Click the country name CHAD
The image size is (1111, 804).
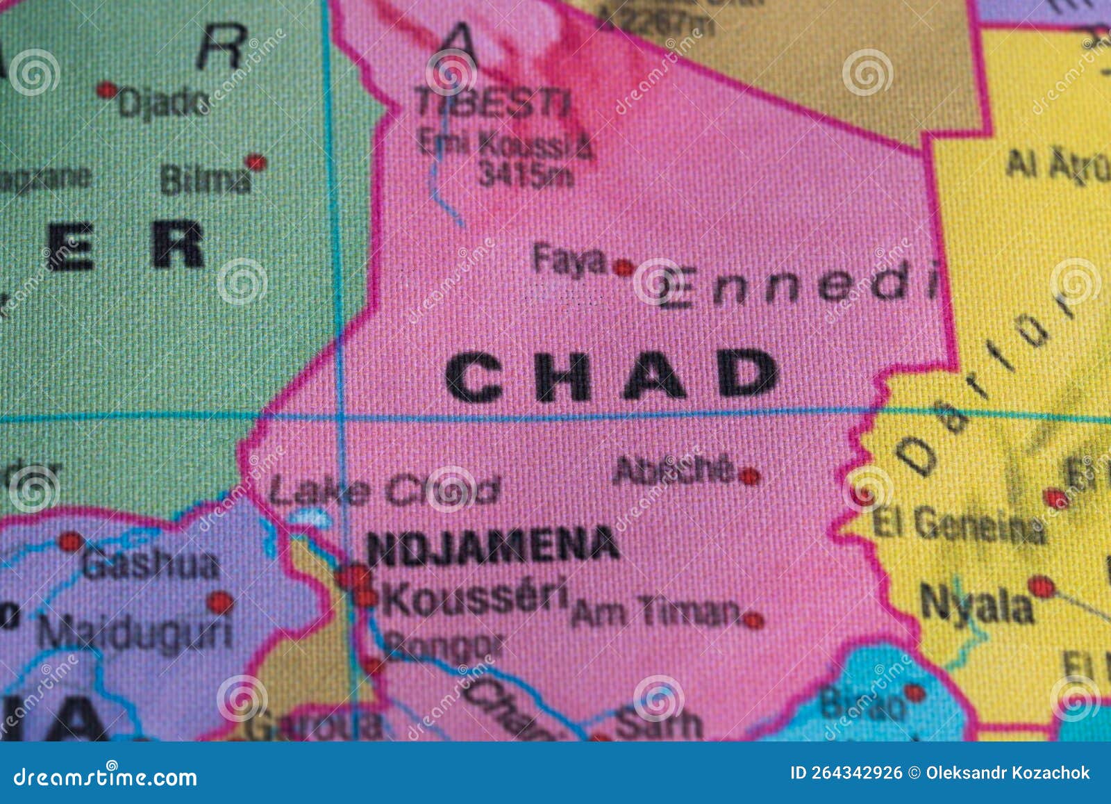tap(611, 375)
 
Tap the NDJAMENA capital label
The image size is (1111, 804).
tap(492, 545)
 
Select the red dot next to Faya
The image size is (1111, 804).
tap(624, 267)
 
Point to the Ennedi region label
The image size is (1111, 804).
tap(799, 285)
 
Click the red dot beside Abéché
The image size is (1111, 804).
tap(749, 476)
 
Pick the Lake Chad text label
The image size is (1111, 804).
tap(384, 491)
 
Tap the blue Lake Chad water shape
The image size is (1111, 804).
tap(310, 517)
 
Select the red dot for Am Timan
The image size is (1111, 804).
tap(753, 619)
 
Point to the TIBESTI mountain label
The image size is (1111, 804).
tap(494, 104)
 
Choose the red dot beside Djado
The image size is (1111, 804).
tap(106, 90)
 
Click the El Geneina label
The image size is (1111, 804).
tap(958, 526)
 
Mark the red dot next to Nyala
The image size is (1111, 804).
tap(1040, 587)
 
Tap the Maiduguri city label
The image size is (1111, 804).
tap(135, 632)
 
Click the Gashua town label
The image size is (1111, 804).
tap(150, 564)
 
